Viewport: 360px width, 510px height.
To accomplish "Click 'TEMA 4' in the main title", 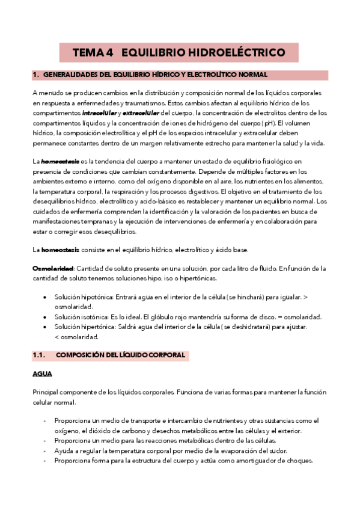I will (x=93, y=53).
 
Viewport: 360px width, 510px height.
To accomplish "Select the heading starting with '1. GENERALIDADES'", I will (x=151, y=75).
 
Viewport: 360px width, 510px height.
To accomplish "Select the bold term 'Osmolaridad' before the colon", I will (x=53, y=268).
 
